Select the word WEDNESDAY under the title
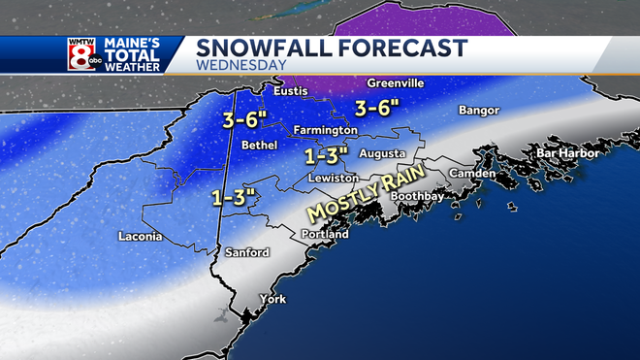241,66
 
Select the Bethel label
259,145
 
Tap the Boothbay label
417,196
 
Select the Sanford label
246,252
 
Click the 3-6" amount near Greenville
377,108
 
